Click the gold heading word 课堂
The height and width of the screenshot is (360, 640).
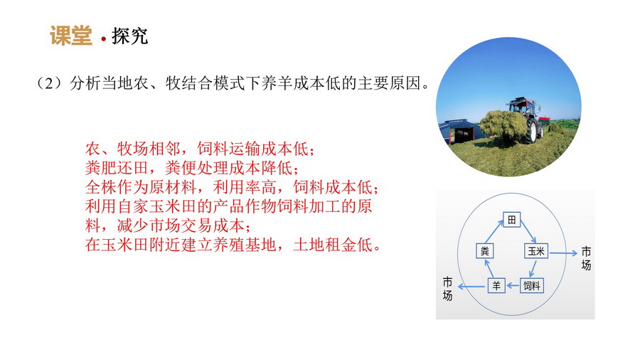(x=71, y=36)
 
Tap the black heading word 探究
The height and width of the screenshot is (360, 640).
(x=130, y=36)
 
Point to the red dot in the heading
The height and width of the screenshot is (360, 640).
(x=103, y=39)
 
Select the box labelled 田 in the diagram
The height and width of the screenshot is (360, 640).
(x=511, y=220)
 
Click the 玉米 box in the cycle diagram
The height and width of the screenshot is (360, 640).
(x=536, y=251)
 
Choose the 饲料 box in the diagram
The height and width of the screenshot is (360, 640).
(x=531, y=286)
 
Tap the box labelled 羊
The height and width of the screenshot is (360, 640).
(x=496, y=286)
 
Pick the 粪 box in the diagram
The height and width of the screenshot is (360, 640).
(x=484, y=251)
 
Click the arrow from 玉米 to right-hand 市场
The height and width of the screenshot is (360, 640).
(x=563, y=253)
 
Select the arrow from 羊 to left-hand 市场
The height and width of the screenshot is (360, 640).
(x=473, y=287)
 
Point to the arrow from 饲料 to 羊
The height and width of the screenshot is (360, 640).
(x=512, y=286)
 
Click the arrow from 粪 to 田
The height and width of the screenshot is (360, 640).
(x=494, y=231)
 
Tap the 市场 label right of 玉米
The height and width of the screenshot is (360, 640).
(x=586, y=258)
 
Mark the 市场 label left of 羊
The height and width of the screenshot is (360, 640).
(x=447, y=289)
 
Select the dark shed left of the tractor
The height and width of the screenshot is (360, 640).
(x=462, y=131)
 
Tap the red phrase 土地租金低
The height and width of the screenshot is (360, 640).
(x=333, y=245)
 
